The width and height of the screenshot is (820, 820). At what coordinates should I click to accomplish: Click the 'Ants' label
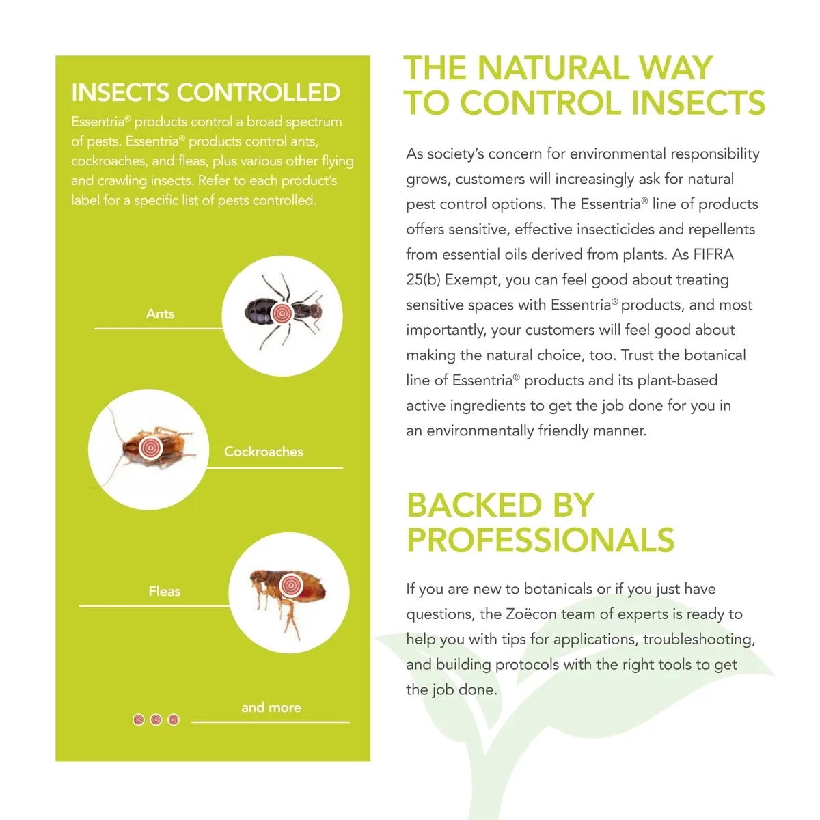point(160,314)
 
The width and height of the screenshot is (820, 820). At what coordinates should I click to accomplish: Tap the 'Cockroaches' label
point(263,452)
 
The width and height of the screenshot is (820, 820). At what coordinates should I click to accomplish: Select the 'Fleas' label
point(164,591)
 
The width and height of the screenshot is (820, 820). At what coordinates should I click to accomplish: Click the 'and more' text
point(271,707)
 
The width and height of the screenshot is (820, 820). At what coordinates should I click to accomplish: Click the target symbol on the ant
point(282,314)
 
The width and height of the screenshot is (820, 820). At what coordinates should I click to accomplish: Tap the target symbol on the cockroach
point(150,448)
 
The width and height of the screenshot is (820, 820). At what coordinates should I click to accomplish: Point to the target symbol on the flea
point(292,585)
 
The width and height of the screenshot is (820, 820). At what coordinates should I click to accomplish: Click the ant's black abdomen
point(258,312)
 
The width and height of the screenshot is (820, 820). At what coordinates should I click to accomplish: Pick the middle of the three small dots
point(156,720)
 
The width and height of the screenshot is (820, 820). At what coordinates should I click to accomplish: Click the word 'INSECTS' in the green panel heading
point(120,93)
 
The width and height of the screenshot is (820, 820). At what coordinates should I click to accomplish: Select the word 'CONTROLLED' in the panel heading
point(259,93)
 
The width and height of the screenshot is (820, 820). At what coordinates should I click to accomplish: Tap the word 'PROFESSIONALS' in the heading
point(541,540)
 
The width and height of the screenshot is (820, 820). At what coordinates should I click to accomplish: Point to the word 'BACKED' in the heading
point(474,505)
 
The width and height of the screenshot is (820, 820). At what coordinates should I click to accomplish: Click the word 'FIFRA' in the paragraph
point(713,254)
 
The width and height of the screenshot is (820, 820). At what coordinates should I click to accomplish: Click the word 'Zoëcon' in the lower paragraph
point(531,614)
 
